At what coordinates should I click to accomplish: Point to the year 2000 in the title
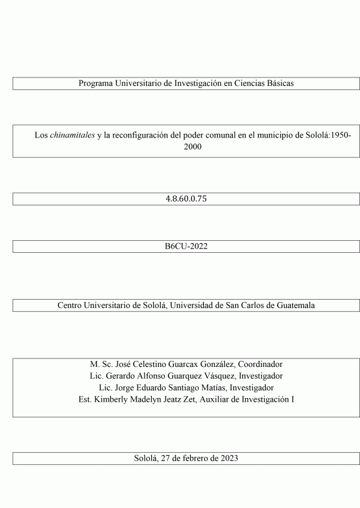point(193,146)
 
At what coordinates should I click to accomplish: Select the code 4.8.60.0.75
point(186,199)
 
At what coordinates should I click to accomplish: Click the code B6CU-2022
point(186,247)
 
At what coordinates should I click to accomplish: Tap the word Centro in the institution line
point(71,305)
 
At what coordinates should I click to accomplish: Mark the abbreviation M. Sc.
point(99,364)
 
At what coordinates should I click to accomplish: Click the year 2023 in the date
point(229,458)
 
